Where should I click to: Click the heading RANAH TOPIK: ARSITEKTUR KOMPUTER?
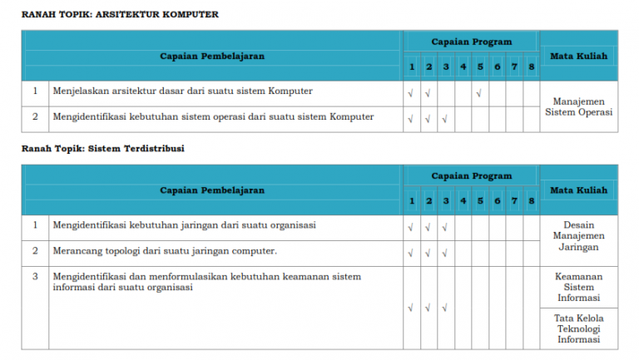(x=120, y=14)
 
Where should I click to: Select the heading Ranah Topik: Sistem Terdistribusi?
(x=103, y=148)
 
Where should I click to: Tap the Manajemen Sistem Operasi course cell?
(x=579, y=106)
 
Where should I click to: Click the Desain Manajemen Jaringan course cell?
(x=579, y=235)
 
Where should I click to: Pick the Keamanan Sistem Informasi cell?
(x=579, y=287)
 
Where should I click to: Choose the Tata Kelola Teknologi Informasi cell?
(x=579, y=328)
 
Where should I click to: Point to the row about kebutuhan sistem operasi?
(x=213, y=116)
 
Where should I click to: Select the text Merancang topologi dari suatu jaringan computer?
(x=165, y=250)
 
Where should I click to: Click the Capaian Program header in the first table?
(x=471, y=42)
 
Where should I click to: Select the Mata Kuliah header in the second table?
(x=579, y=190)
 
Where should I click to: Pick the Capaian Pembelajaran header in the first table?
(x=212, y=57)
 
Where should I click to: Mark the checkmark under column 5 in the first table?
(x=480, y=93)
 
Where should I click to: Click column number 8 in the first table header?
(x=531, y=67)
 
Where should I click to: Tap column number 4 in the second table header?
(x=463, y=201)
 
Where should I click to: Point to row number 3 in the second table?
(x=35, y=276)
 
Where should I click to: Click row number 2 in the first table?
(x=35, y=116)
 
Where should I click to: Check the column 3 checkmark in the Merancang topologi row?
(x=445, y=252)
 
